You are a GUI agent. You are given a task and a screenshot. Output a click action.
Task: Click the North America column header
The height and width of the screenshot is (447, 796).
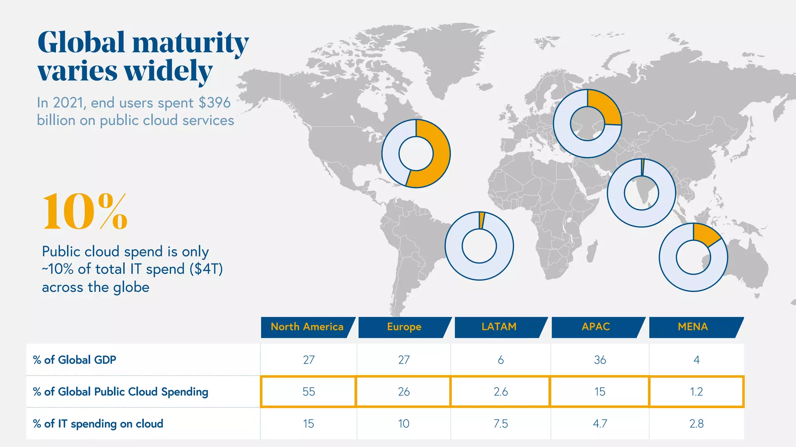tap(307, 327)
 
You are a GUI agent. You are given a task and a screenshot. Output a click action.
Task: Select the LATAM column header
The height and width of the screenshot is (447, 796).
tap(499, 327)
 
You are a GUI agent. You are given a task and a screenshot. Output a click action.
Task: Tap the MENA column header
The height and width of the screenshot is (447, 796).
tap(693, 327)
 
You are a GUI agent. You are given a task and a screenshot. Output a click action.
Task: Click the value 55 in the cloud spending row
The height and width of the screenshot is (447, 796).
tap(309, 392)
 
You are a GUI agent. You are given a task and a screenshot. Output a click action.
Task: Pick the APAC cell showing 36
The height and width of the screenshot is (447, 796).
tap(600, 360)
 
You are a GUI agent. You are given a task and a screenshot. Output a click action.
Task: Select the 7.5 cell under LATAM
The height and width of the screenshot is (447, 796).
tap(501, 424)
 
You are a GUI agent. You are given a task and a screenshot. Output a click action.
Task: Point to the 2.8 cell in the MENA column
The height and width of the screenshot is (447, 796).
tap(696, 424)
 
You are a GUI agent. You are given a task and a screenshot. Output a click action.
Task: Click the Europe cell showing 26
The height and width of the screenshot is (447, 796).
tap(404, 392)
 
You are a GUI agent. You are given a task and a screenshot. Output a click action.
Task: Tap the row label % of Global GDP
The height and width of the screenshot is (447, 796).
tap(75, 360)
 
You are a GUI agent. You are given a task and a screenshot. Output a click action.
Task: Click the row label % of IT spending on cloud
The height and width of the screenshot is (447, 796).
tap(98, 424)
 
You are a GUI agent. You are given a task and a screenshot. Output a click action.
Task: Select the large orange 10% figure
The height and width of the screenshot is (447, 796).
tap(85, 211)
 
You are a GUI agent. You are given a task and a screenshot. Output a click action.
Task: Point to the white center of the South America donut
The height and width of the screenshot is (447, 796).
tap(479, 246)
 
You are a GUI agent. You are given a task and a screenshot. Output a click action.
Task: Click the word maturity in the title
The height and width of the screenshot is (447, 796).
tap(190, 43)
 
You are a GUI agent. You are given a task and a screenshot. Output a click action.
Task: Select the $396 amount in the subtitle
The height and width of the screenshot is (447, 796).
tap(214, 103)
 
